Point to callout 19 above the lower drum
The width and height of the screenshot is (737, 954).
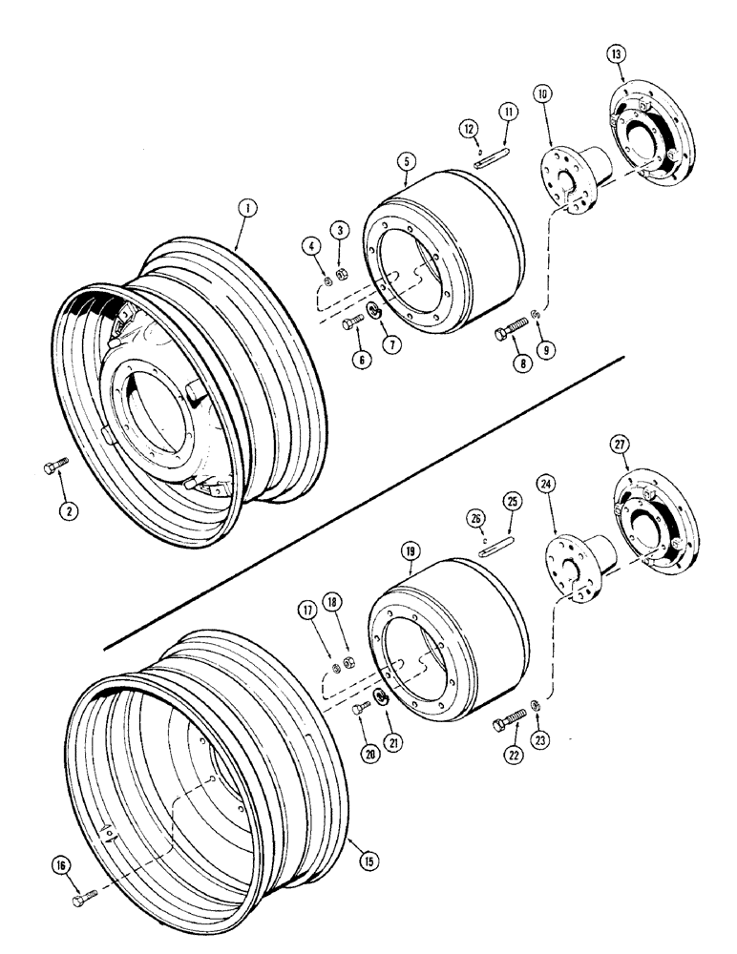point(410,551)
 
